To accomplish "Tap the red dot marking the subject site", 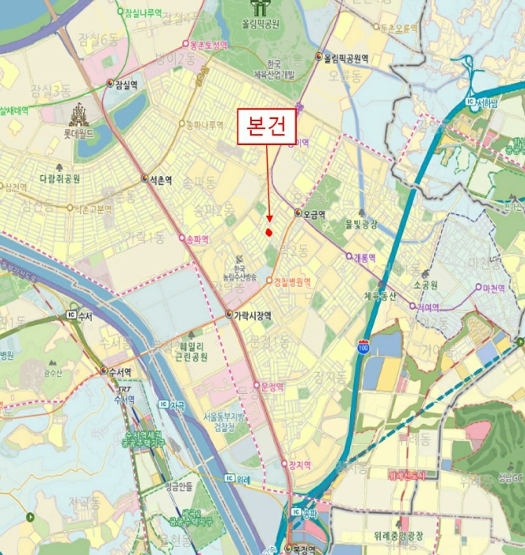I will (269, 232).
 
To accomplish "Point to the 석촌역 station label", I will (160, 179).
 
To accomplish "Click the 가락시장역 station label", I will (251, 315).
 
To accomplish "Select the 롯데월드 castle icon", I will (79, 117).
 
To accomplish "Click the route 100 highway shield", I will (363, 347).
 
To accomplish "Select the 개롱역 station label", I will (365, 258).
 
